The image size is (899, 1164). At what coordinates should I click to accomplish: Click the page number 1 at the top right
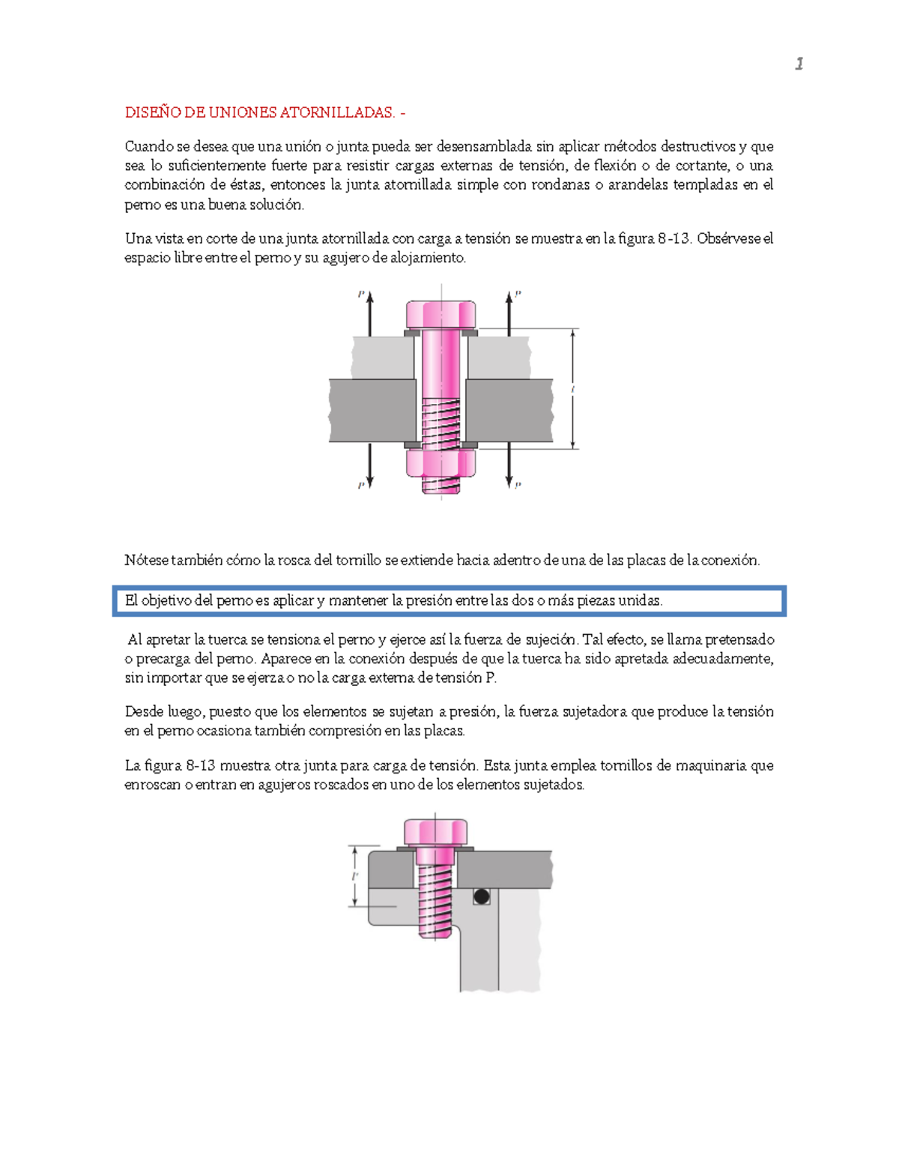[x=799, y=64]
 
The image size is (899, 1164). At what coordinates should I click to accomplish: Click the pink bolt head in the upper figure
[x=441, y=313]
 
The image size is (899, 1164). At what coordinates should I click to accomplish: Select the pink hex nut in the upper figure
[x=441, y=462]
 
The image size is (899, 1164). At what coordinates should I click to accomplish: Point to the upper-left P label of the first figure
[x=361, y=295]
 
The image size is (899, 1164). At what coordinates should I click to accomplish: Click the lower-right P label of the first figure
[x=518, y=486]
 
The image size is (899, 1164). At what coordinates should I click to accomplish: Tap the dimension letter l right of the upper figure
[x=572, y=389]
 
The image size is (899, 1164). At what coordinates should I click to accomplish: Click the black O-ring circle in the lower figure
[x=482, y=896]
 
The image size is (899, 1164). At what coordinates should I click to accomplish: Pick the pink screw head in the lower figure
[x=435, y=832]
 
